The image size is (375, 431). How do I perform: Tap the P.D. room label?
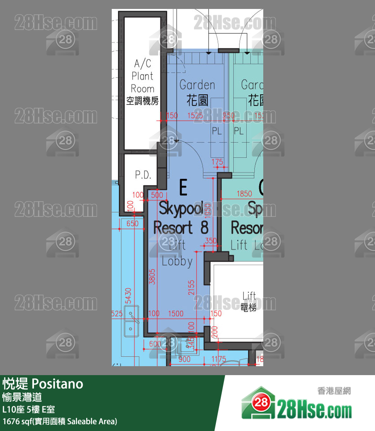click(143, 175)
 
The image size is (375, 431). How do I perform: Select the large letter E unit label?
click(183, 188)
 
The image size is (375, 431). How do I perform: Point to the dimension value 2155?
click(191, 287)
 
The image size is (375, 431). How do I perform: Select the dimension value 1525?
click(195, 116)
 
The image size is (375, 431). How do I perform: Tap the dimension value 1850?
click(244, 194)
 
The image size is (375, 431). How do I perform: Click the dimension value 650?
click(132, 224)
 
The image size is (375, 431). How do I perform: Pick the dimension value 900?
click(184, 359)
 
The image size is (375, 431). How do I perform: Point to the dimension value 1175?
click(218, 359)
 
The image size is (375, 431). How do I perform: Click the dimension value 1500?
click(176, 314)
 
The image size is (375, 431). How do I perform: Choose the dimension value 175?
click(217, 161)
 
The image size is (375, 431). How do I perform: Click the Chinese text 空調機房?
click(142, 101)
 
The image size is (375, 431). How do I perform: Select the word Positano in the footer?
click(58, 384)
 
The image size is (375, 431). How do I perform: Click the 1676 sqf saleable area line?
click(59, 421)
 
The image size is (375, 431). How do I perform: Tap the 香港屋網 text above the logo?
click(334, 390)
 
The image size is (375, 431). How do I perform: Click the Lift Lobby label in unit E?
click(177, 253)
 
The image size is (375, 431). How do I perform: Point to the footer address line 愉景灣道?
click(22, 397)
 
